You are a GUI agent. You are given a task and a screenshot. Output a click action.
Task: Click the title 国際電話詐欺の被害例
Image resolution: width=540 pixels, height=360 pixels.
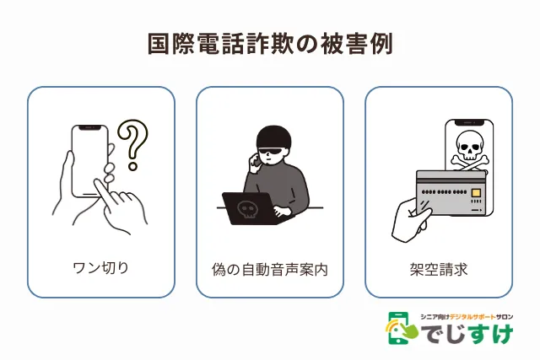pos(270,44)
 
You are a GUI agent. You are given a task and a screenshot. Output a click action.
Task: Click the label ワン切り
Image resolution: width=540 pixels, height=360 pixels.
pos(101,268)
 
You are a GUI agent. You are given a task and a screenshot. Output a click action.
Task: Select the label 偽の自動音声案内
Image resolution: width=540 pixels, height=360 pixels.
pos(270,270)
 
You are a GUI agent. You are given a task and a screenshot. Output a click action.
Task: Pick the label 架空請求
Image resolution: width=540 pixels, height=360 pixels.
pos(439,270)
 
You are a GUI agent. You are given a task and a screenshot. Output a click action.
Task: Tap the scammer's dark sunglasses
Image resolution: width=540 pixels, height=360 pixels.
pos(273,152)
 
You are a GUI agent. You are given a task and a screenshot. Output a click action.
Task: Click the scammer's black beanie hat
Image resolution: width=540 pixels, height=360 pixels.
pos(273,137)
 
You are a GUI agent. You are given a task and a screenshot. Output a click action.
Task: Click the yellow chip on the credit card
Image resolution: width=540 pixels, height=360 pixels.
pos(476,192)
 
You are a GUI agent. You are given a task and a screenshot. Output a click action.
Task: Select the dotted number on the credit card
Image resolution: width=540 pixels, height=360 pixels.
pos(445,192)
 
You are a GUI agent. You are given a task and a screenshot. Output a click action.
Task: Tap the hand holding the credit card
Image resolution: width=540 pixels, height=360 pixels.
pos(412,220)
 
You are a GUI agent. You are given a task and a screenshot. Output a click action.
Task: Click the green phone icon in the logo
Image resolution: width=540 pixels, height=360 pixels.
pos(399,328)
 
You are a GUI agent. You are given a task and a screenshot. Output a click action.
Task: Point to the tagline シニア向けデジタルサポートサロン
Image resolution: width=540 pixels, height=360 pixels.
pos(467,317)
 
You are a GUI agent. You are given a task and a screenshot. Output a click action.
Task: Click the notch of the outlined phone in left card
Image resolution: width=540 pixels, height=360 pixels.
pos(90,127)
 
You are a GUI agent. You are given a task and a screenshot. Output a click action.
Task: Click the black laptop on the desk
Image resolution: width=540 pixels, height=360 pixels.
pos(252,208)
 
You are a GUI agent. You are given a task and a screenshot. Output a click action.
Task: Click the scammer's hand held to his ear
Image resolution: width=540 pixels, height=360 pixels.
pos(256,162)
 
